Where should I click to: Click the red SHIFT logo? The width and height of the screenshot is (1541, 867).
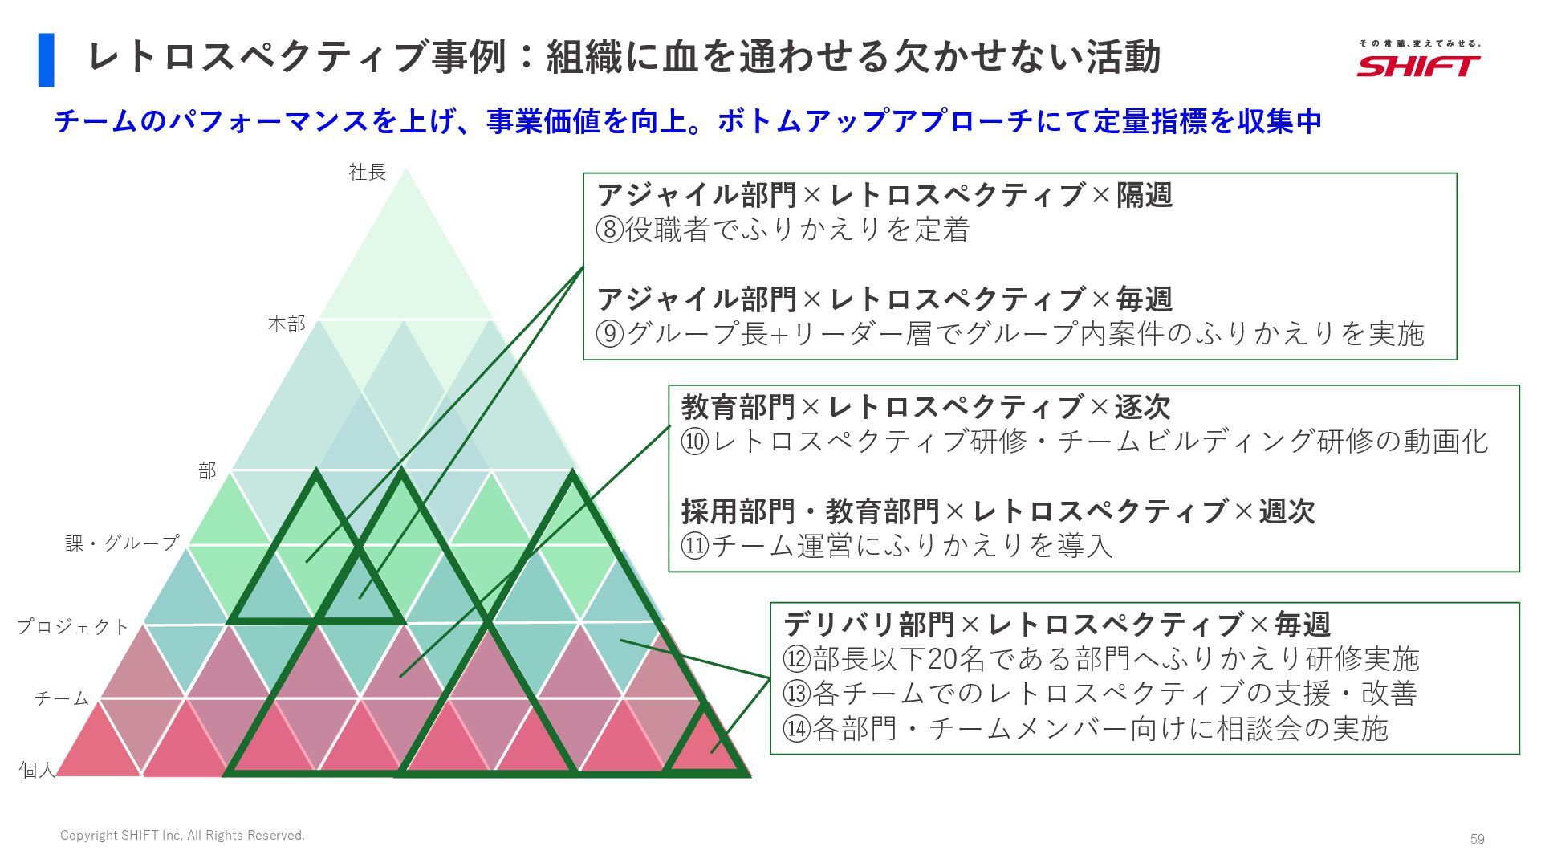coord(1418,65)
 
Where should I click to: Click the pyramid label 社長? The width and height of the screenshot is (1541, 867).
coord(368,172)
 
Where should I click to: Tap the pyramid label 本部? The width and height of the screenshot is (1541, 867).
coord(287,324)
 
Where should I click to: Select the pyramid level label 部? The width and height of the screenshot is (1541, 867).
coord(208,471)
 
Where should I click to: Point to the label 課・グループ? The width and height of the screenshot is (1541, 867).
coord(122,543)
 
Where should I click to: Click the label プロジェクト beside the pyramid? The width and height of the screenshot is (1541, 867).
coord(73,626)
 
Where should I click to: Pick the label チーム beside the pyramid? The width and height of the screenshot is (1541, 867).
coord(62,698)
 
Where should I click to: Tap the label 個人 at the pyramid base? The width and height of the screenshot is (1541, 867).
coord(38,770)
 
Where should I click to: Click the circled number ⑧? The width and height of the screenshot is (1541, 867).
coord(610,230)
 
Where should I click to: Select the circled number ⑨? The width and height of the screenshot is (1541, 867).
coord(610,334)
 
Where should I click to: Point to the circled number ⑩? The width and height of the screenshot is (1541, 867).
coord(695,442)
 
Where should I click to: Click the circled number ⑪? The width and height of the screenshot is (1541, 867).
coord(695,546)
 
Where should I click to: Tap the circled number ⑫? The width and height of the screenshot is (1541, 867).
coord(797,659)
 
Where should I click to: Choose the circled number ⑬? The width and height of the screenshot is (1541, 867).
coord(797,694)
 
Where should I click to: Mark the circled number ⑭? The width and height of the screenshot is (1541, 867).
coord(797,729)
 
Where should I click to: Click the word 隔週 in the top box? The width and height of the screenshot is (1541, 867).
coord(1145,195)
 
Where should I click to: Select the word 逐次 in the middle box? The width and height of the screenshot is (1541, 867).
coord(1142,407)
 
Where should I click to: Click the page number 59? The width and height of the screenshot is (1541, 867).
coord(1477,839)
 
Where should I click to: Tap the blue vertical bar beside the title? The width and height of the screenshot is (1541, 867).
coord(47,59)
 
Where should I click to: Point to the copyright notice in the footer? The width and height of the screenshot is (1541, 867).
coord(183,836)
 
